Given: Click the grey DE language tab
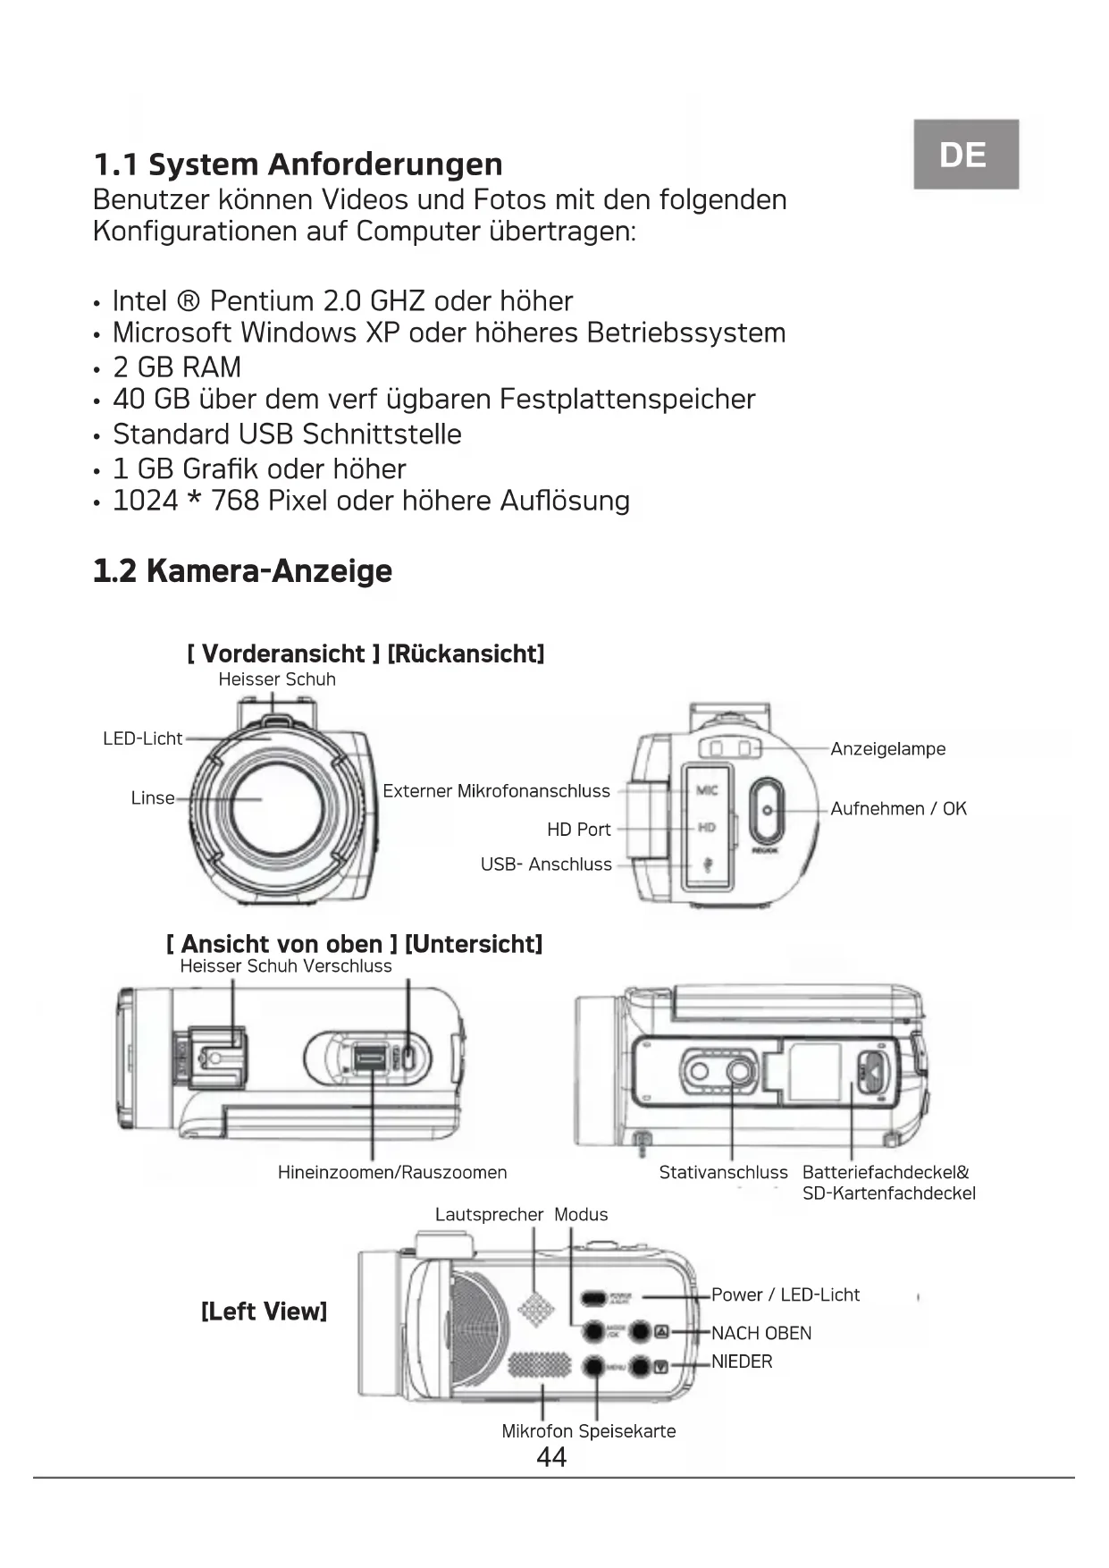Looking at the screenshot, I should pyautogui.click(x=965, y=155).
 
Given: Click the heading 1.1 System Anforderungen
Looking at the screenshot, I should pyautogui.click(x=298, y=164).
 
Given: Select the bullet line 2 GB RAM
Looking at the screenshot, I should pyautogui.click(x=177, y=367).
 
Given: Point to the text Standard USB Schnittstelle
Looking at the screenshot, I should pyautogui.click(x=287, y=434).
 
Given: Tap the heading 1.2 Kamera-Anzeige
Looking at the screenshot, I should pyautogui.click(x=242, y=571).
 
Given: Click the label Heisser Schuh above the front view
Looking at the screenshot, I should pyautogui.click(x=277, y=679).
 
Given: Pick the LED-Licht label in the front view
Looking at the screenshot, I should pyautogui.click(x=142, y=739).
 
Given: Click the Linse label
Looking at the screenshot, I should pyautogui.click(x=153, y=798).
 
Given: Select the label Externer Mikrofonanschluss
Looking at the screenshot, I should pyautogui.click(x=496, y=791).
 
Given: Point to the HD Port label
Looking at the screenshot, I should pyautogui.click(x=578, y=830).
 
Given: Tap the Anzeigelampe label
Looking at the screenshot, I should pyautogui.click(x=887, y=749).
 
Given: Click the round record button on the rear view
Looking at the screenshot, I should pyautogui.click(x=767, y=810).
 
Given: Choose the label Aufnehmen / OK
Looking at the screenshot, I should pyautogui.click(x=898, y=809).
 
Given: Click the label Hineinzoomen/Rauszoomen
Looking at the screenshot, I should pyautogui.click(x=392, y=1173).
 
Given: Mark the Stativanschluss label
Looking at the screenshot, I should pyautogui.click(x=723, y=1173).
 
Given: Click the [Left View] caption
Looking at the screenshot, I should pyautogui.click(x=264, y=1311).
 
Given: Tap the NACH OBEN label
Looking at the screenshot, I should pyautogui.click(x=761, y=1334).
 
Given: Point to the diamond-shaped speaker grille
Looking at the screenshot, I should pyautogui.click(x=535, y=1310).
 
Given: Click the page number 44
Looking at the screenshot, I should pyautogui.click(x=551, y=1458).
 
